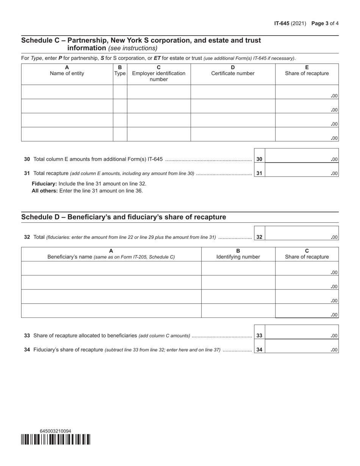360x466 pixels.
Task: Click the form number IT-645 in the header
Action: coord(282,23)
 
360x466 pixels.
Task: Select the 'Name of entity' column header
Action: coord(67,73)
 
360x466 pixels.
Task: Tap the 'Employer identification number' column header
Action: coord(158,76)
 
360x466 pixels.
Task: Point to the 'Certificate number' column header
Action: coord(233,73)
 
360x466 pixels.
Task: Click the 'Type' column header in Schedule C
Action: coord(120,73)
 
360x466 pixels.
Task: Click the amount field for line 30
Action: coord(301,159)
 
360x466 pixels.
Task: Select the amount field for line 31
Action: coord(301,173)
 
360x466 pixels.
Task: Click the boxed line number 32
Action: coord(259,237)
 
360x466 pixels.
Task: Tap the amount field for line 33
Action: coord(301,335)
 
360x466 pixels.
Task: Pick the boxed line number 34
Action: coord(259,350)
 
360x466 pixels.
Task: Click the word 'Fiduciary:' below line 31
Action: coord(44,183)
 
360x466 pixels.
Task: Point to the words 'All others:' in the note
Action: coord(45,191)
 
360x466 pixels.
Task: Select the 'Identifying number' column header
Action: coord(238,257)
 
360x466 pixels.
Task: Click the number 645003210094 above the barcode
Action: coord(55,431)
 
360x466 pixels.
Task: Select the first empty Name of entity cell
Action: coord(67,92)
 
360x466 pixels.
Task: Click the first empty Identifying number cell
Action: coord(238,268)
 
